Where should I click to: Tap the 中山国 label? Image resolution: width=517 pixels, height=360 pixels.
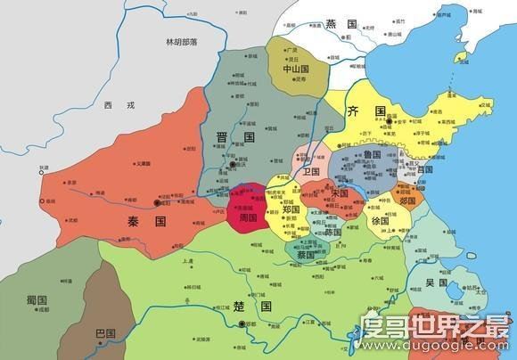[x=296, y=67]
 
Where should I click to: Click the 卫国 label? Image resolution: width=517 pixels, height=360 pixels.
[x=312, y=169]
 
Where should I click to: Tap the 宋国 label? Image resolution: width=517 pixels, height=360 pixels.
[x=340, y=192]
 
